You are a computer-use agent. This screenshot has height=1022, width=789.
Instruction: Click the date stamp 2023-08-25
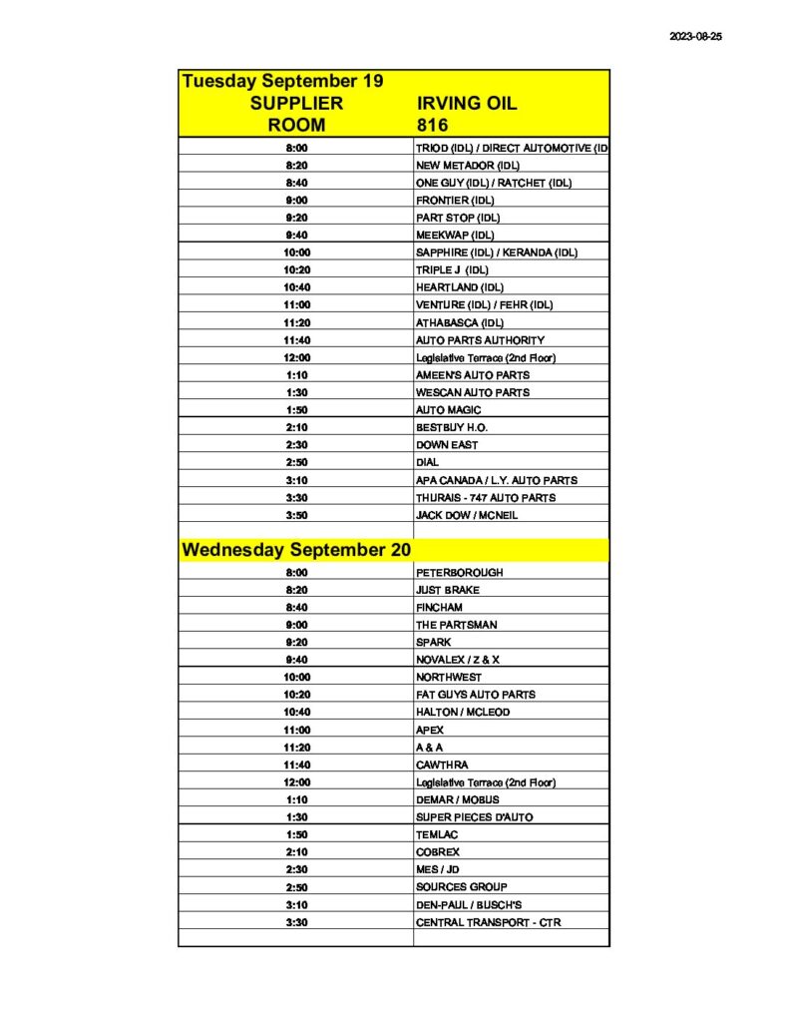tap(695, 35)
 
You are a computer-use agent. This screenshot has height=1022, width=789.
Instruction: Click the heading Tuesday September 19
tap(282, 81)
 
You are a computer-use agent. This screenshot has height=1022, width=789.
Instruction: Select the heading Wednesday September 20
tap(296, 550)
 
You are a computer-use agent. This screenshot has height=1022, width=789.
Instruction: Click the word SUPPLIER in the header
tap(296, 103)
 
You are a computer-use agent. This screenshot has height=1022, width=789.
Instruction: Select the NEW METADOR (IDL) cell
tap(467, 165)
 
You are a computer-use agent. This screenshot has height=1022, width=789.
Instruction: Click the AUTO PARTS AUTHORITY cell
tap(480, 340)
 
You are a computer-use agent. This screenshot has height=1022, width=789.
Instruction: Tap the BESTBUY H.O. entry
tap(452, 427)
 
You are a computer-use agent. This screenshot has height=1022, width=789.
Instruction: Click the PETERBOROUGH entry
tap(459, 573)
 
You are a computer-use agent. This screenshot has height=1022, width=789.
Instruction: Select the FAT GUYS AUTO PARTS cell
tap(475, 695)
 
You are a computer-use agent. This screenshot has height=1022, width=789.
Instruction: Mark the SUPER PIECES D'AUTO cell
tap(474, 817)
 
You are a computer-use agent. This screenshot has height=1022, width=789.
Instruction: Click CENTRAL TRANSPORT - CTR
tap(488, 922)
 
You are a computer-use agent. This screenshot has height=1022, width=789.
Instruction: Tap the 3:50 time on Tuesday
tap(296, 515)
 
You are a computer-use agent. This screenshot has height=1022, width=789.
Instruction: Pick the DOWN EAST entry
tap(446, 445)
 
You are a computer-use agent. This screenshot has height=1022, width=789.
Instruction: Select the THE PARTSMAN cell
tap(456, 625)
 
